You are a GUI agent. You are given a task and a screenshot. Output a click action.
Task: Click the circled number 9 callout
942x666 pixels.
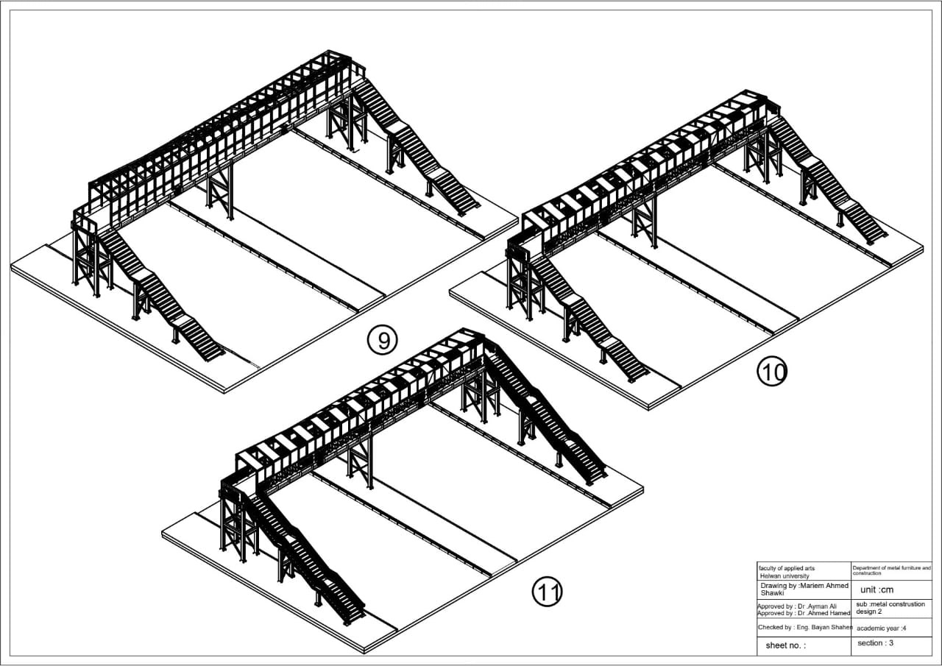(x=382, y=341)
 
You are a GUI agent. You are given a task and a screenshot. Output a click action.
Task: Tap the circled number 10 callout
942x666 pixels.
(x=772, y=372)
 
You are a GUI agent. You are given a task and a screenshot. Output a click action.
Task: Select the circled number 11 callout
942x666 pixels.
(x=547, y=592)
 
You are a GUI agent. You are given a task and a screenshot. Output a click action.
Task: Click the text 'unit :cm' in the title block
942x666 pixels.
(x=877, y=589)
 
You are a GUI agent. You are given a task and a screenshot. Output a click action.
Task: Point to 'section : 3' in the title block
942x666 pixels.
(x=875, y=643)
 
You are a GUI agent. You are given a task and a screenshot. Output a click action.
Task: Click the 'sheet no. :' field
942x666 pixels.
(x=785, y=645)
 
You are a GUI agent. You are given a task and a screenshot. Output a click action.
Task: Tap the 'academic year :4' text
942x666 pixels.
(x=881, y=628)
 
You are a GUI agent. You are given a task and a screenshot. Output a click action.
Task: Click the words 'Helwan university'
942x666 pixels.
(x=784, y=576)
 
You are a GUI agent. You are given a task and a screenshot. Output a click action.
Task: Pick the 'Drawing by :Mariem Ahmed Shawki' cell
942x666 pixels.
(x=803, y=589)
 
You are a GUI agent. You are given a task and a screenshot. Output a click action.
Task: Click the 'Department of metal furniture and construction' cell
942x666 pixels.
(x=891, y=570)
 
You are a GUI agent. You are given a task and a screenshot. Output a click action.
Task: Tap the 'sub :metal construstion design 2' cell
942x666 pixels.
(x=890, y=608)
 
